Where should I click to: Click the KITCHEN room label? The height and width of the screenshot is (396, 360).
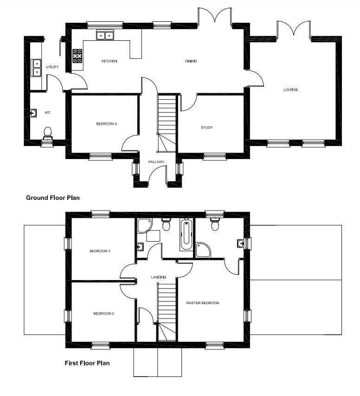coord(109,61)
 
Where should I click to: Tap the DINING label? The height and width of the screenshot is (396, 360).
coord(191,61)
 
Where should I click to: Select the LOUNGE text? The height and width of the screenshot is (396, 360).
coord(290,89)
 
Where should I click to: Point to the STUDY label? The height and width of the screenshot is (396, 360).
coord(206,128)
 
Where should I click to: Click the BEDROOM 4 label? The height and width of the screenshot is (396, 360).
coord(106,124)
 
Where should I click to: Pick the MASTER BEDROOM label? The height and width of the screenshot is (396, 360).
coord(203,303)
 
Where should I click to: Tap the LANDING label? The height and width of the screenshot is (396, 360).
coord(159,277)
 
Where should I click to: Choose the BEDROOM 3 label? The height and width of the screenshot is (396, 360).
coord(100,251)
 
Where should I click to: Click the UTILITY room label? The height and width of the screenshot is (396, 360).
coord(52,67)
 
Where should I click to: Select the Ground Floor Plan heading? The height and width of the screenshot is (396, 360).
coord(53,198)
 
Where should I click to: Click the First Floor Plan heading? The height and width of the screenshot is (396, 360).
coord(87,363)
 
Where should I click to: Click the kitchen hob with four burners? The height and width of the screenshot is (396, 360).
coord(77,56)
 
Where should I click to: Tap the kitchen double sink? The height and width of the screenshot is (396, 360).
coord(105,35)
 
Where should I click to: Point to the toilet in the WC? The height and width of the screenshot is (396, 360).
coord(47,134)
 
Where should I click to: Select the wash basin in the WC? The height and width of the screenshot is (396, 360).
coord(33,113)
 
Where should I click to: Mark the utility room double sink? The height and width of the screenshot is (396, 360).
coord(36,68)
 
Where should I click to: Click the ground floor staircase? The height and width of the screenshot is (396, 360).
coord(167,123)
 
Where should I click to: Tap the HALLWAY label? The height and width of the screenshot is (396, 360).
coord(156,162)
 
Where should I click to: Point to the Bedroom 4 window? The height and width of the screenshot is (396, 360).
coord(101,157)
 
